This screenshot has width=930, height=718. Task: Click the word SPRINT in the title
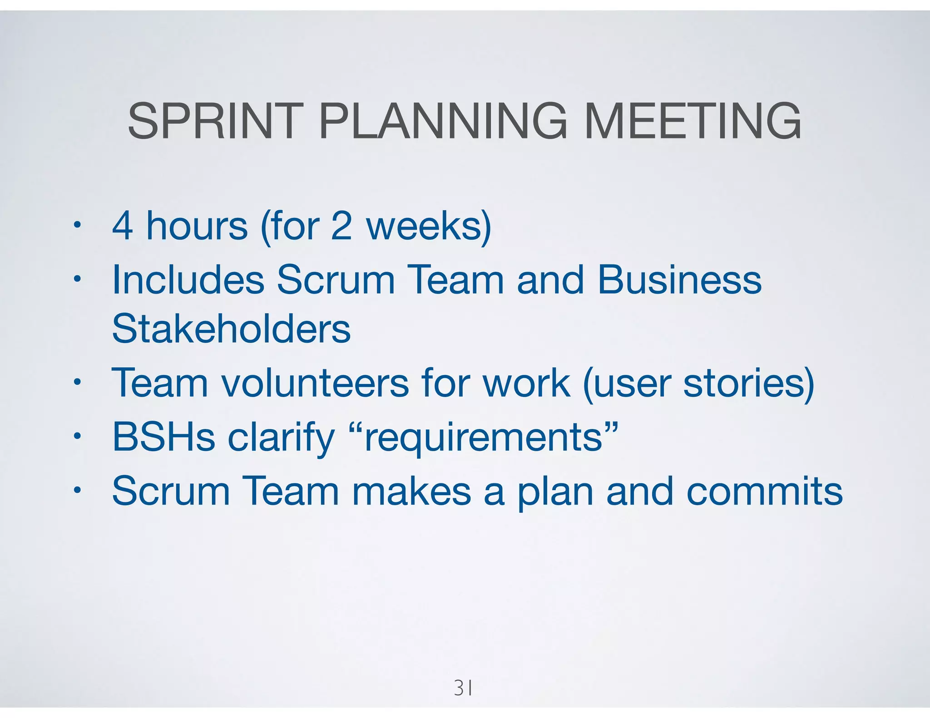pos(215,121)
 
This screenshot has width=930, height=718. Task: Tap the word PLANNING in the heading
pos(443,121)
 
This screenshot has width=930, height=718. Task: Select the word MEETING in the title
pos(692,121)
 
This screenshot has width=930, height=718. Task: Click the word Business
pos(679,280)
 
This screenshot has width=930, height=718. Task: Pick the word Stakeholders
pos(231,329)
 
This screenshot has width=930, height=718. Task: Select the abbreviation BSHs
pos(163,437)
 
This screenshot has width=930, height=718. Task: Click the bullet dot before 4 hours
pos(78,225)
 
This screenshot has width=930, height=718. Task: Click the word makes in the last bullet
pos(411,491)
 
